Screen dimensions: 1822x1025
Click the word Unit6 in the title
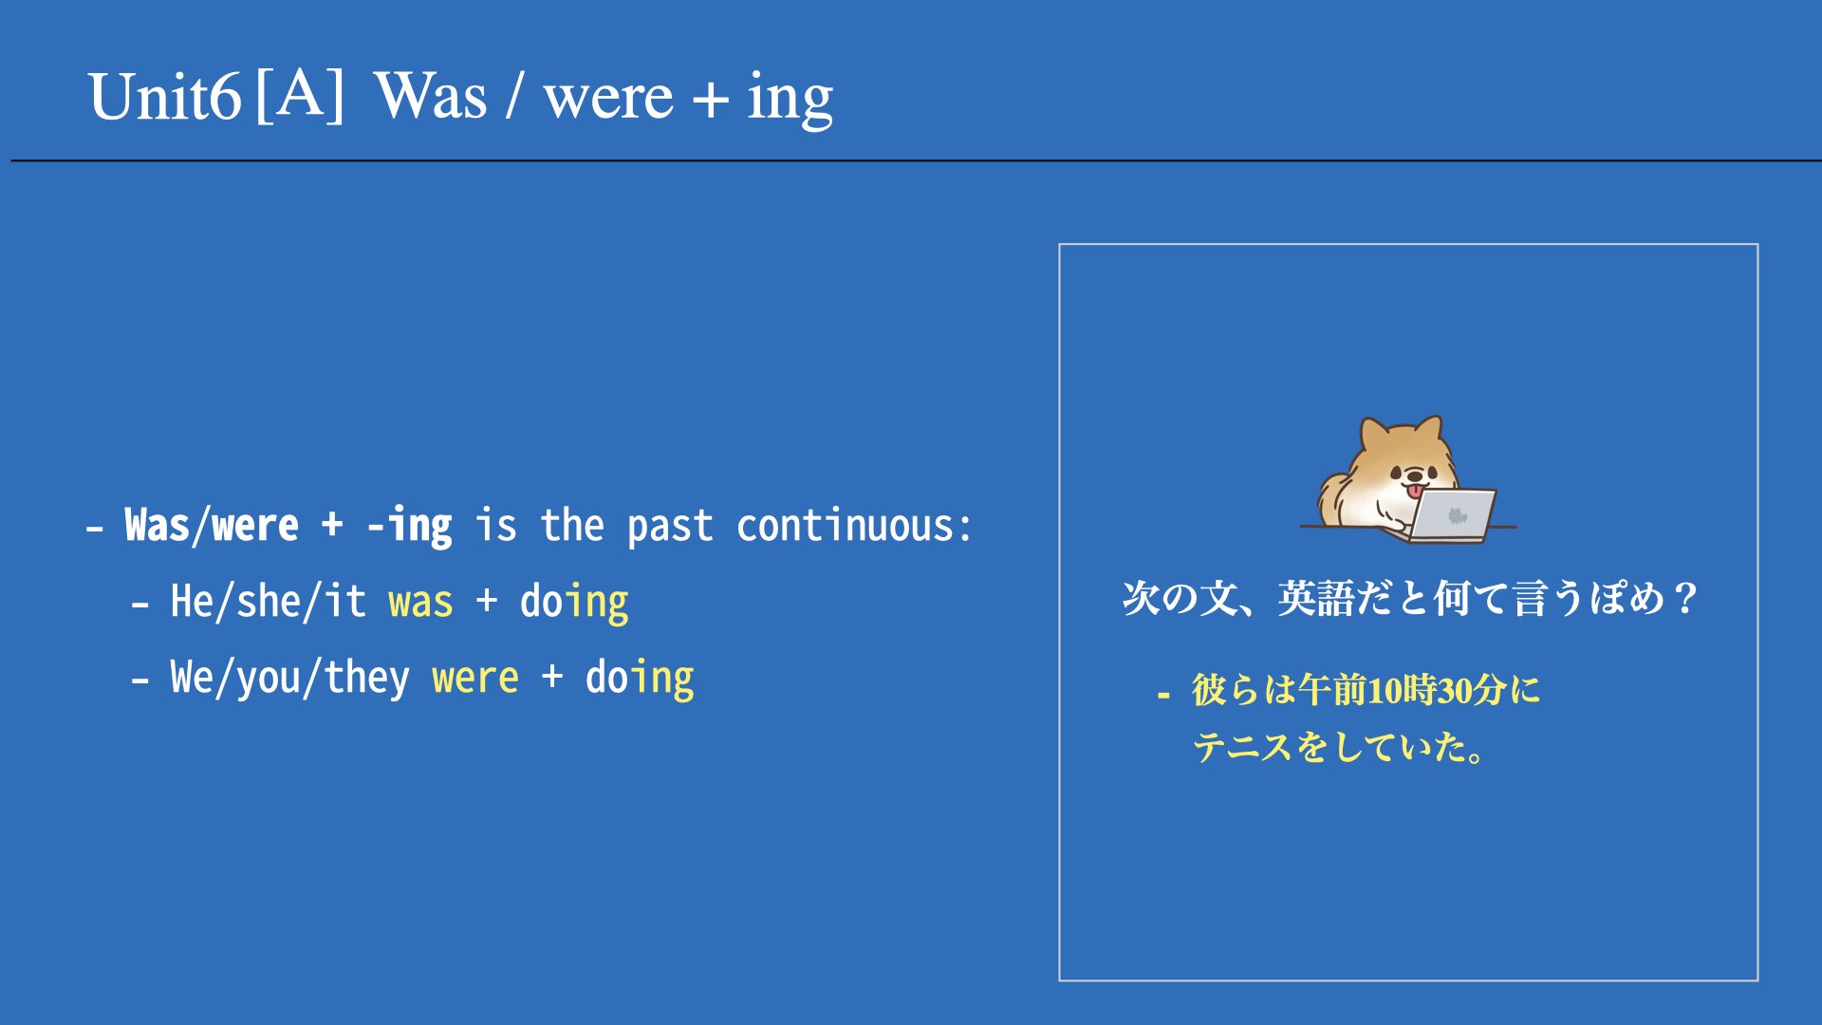(165, 97)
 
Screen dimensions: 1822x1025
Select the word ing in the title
(790, 100)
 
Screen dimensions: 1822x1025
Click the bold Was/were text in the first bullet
(212, 526)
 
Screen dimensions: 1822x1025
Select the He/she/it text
(268, 602)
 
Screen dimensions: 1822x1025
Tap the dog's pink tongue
(1415, 491)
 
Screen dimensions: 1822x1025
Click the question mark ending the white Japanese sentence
(1685, 599)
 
